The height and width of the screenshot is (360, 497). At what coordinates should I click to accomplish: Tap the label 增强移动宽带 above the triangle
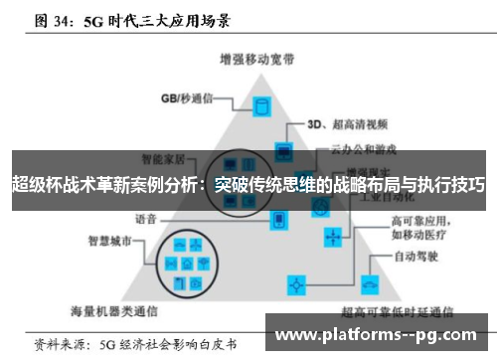tap(251, 58)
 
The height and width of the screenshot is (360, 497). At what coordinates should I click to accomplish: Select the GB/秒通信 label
tap(187, 97)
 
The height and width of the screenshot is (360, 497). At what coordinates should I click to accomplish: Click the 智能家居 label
tap(164, 157)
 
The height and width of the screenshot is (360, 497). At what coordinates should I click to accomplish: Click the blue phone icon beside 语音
tap(281, 219)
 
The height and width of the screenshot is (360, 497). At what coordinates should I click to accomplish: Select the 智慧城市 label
tap(110, 240)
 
